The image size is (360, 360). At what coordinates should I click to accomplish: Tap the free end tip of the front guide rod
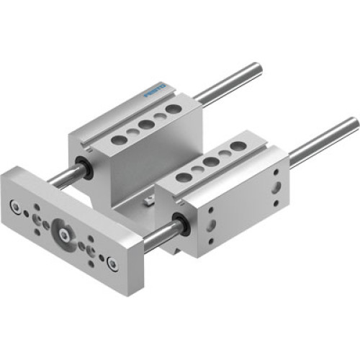(x=353, y=124)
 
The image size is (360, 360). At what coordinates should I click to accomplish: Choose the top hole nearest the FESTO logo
(x=173, y=109)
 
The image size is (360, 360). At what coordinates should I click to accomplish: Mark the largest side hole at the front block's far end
(x=276, y=189)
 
